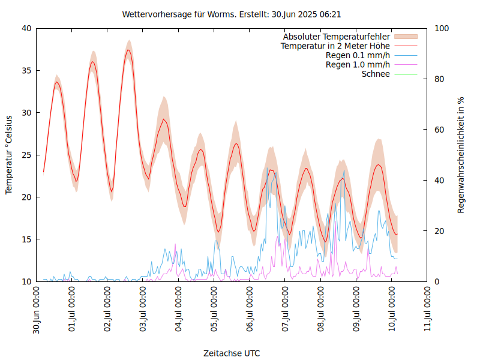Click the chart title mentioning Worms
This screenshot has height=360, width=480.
point(232,14)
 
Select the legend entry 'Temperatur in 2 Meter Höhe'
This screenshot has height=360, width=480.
point(335,46)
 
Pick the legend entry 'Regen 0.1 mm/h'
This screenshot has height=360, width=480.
point(358,55)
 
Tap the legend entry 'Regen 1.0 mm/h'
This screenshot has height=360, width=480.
point(358,64)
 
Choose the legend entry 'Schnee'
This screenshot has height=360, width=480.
point(376,74)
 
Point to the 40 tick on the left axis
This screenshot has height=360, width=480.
point(26,28)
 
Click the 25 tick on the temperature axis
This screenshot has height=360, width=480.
point(26,155)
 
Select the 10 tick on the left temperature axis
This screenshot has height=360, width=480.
point(26,281)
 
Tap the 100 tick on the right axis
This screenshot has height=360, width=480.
point(442,28)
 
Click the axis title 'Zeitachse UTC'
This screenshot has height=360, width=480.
point(232,353)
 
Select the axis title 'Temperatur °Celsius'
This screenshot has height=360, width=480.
point(9,155)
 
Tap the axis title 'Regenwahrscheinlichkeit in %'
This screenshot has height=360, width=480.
point(461,155)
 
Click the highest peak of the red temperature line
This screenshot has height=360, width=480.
point(128,50)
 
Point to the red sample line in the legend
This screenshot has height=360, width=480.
point(406,46)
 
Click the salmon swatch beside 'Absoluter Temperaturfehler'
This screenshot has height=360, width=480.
point(406,37)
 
